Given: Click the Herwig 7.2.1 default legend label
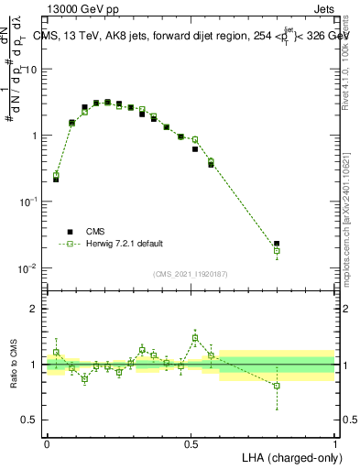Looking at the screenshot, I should point(125,244).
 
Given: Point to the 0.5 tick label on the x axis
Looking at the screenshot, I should point(191,443).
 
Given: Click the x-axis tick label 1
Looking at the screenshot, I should point(335,443).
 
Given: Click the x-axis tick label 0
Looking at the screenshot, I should point(47,443).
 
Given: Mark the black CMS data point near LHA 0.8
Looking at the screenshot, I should point(277,244).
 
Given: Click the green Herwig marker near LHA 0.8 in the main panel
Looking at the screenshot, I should point(277,251).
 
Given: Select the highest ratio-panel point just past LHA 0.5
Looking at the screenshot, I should point(195,337).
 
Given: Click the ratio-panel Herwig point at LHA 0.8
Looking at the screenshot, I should point(277,386).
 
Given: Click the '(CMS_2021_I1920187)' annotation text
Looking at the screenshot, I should point(190,273).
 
